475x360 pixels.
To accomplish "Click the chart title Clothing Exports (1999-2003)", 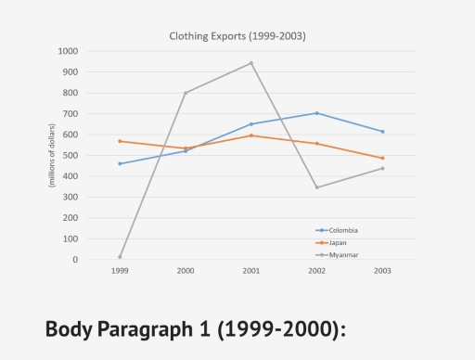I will coord(237,36).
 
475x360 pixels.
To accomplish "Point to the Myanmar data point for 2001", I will coord(250,63).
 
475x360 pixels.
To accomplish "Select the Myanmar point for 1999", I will coord(120,257).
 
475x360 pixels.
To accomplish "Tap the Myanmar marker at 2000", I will coord(186,93).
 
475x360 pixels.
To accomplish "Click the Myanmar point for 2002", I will coord(316,187).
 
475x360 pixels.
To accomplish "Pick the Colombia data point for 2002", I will coord(316,113).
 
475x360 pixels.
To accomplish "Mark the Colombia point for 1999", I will coord(120,163).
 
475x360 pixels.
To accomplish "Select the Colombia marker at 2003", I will coord(382,132).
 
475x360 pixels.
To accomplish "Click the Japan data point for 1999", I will coord(120,141).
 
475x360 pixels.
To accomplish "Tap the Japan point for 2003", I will coord(382,158).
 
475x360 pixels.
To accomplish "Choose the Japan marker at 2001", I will coord(250,135).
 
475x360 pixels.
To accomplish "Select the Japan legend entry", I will coord(334,242).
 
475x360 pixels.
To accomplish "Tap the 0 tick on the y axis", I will coord(75,260).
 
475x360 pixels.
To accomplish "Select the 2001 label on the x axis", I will coord(250,271).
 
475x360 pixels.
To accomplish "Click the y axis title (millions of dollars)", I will coord(52,155).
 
